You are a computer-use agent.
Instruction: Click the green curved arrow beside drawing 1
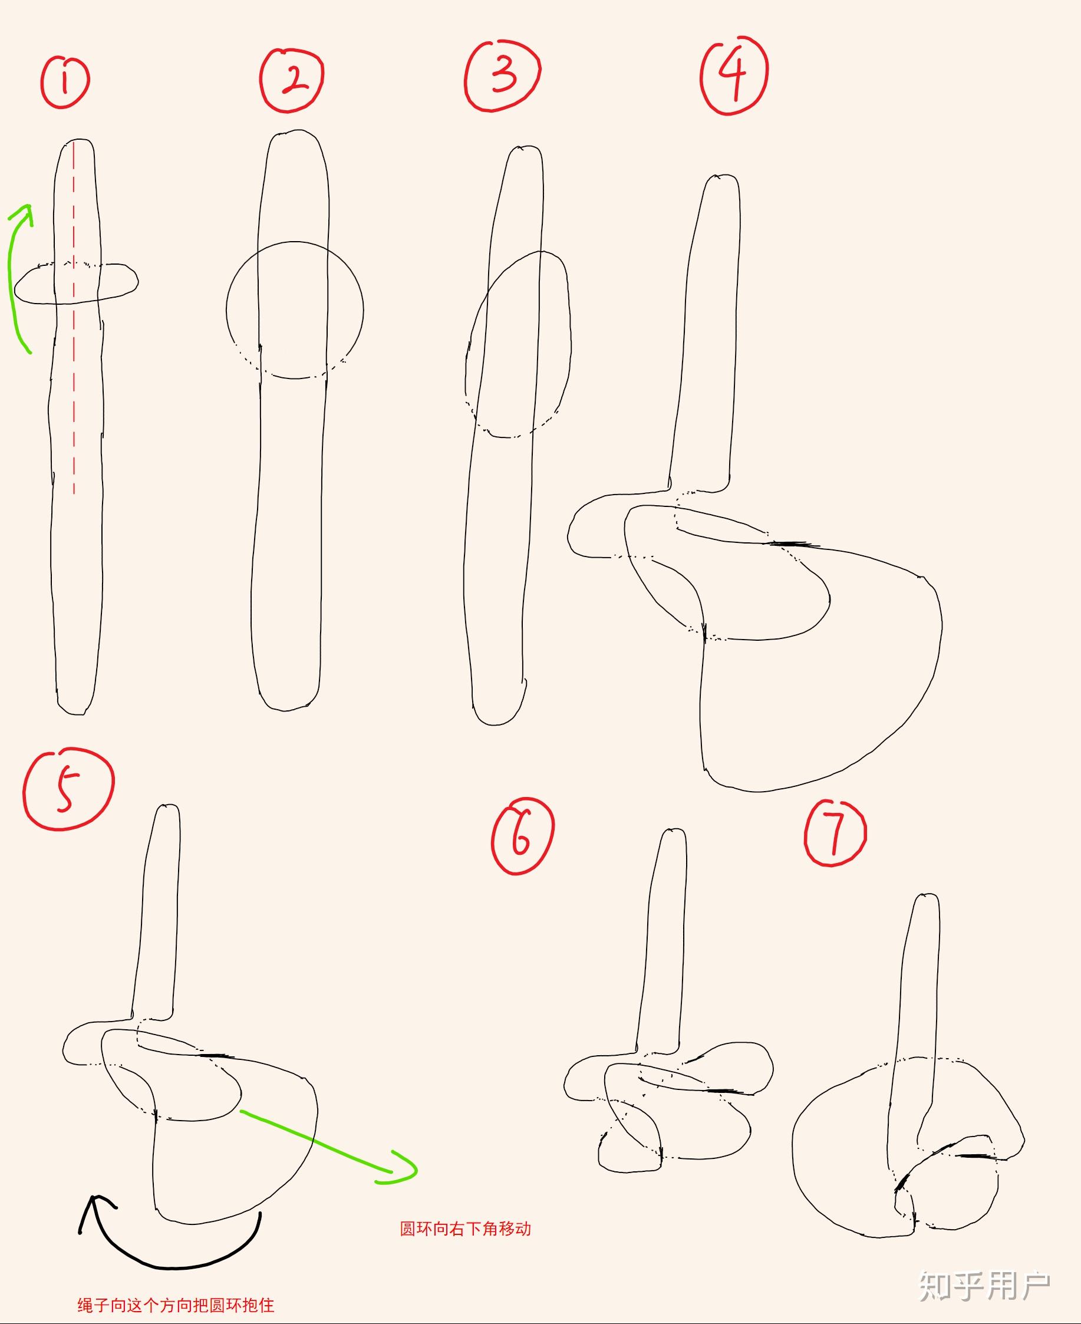click(10, 274)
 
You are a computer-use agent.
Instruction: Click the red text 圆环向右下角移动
click(465, 1229)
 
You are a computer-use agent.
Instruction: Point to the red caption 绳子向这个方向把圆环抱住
click(176, 1305)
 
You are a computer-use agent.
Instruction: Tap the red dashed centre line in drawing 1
click(74, 318)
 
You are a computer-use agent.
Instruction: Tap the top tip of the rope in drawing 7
click(927, 895)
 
